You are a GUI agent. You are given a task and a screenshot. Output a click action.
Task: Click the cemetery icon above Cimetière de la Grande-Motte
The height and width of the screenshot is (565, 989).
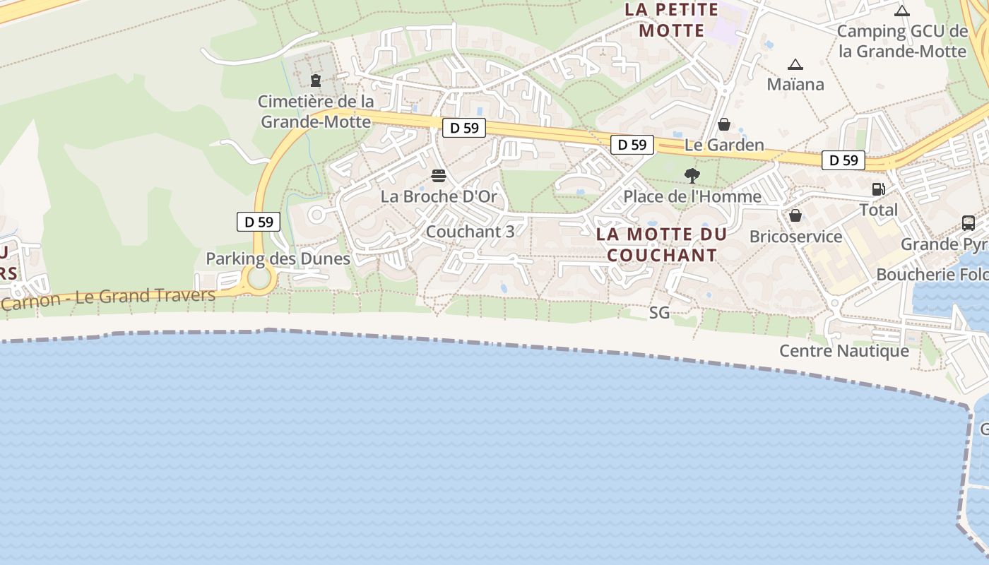tap(316, 81)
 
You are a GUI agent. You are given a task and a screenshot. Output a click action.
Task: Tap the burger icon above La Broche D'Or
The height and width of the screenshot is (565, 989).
tap(439, 176)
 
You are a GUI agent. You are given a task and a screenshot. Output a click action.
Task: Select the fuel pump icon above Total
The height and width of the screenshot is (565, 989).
tap(879, 189)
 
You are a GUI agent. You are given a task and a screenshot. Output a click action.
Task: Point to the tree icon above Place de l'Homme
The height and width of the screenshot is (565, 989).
tap(692, 175)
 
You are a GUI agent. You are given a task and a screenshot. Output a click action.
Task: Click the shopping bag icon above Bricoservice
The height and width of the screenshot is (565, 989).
tap(795, 215)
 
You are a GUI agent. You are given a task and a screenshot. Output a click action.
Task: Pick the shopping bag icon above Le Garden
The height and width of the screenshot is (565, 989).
tap(724, 125)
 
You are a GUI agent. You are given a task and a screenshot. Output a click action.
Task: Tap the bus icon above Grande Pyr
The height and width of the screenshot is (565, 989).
tap(969, 223)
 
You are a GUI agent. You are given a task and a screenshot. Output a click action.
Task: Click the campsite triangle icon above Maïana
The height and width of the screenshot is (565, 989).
tap(795, 65)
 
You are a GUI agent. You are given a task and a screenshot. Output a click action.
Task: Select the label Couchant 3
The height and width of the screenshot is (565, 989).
tap(470, 231)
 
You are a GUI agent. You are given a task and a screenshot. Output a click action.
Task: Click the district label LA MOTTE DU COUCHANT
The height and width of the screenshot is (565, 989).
tap(661, 244)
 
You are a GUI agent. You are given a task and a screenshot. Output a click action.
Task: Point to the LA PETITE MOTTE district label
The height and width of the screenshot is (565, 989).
tap(671, 20)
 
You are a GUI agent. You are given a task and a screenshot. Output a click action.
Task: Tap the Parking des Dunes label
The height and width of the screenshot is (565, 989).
tap(278, 258)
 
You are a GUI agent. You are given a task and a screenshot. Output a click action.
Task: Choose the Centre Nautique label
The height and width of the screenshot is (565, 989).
tap(843, 350)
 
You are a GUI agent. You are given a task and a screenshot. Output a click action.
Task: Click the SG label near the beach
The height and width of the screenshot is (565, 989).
tap(659, 312)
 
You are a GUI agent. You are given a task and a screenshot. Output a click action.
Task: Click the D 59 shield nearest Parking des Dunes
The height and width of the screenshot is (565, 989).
tap(259, 222)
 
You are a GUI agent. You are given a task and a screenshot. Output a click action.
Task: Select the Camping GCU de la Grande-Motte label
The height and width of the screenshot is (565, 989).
tap(901, 41)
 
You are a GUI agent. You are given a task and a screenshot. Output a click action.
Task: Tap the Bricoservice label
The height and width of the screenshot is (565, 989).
tap(795, 236)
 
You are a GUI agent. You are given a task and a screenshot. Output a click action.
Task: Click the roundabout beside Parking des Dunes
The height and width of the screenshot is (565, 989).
tap(259, 279)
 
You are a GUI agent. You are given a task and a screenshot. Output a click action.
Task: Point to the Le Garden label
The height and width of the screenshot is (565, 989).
tap(724, 145)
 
